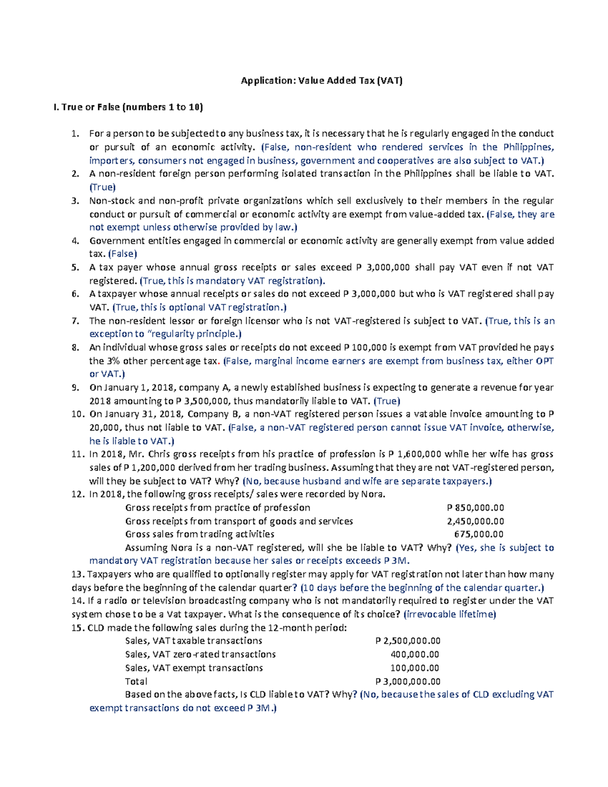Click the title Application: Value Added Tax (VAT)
tap(322, 81)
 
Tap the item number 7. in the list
tap(75, 321)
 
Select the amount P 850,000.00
tap(475, 508)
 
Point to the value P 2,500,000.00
tap(408, 641)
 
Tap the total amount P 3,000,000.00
tap(408, 682)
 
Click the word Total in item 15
tap(136, 682)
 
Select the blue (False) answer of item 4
tap(123, 254)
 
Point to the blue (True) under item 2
tap(102, 187)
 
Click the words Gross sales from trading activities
tap(200, 534)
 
